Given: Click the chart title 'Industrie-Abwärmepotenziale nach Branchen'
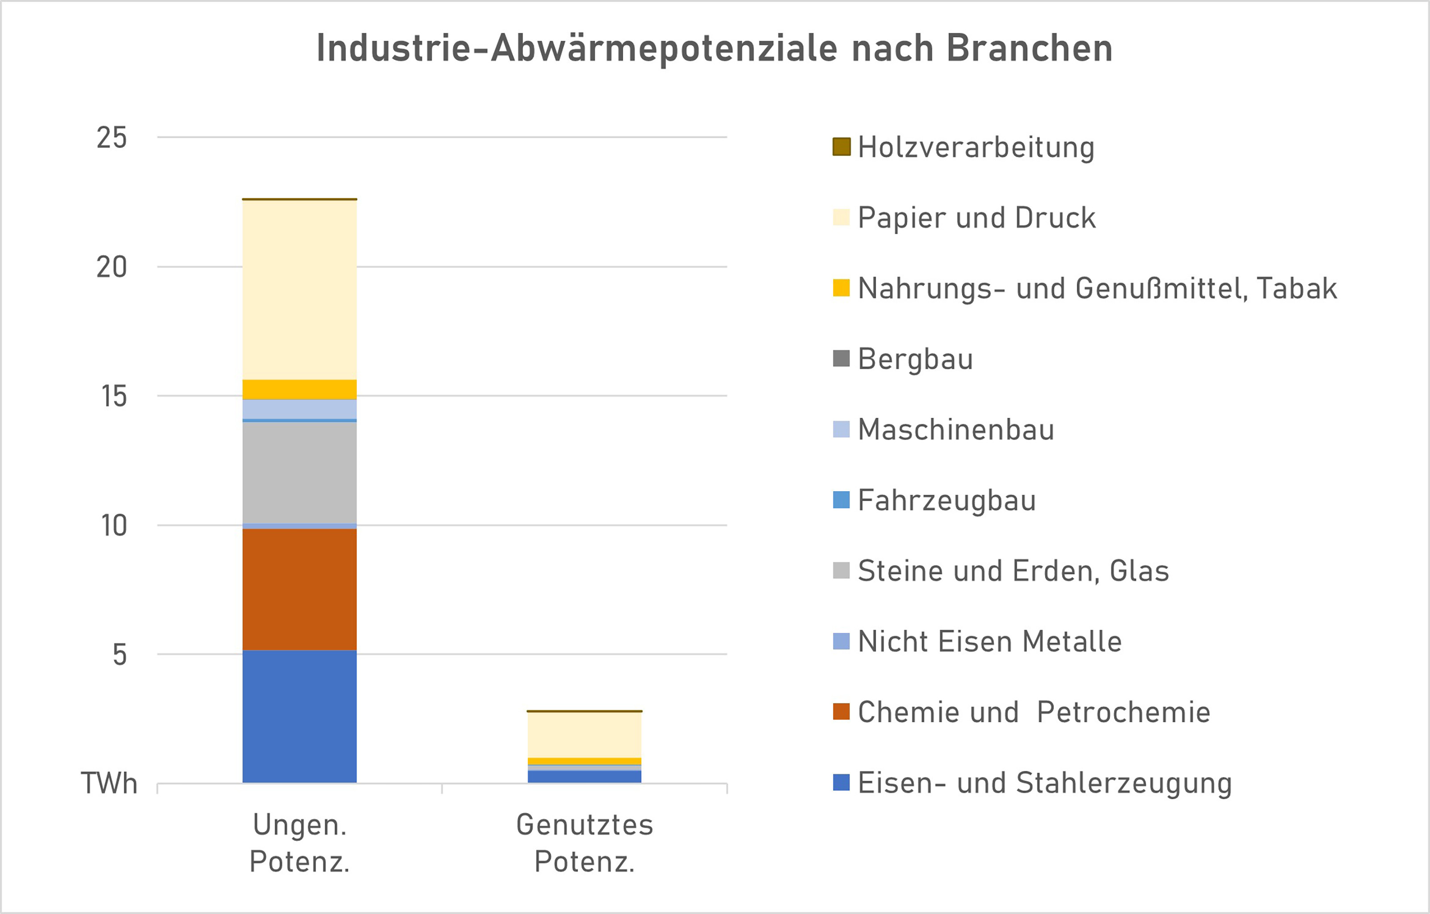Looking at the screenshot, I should click(x=715, y=48).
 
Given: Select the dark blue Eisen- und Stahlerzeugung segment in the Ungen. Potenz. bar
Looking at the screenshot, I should click(x=299, y=716).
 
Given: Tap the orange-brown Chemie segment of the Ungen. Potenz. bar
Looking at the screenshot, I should click(x=299, y=589).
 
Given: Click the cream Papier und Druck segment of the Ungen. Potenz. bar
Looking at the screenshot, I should click(x=299, y=290).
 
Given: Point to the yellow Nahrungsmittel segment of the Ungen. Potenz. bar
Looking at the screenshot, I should click(x=299, y=389).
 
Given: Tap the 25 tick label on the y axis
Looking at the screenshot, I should click(x=112, y=138).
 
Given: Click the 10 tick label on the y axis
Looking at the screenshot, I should click(x=114, y=526).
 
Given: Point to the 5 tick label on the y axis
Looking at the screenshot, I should click(x=119, y=654).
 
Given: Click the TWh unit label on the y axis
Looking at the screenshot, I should click(x=109, y=783).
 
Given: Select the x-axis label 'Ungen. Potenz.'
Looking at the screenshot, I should click(x=299, y=843).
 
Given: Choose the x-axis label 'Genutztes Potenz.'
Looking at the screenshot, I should click(x=585, y=843).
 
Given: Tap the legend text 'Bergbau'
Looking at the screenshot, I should click(x=915, y=359).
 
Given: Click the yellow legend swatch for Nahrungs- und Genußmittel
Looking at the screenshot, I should click(x=841, y=288).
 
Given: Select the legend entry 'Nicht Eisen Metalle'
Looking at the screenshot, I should click(x=989, y=641).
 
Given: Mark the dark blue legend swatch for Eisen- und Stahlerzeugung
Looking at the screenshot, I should click(x=841, y=782).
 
